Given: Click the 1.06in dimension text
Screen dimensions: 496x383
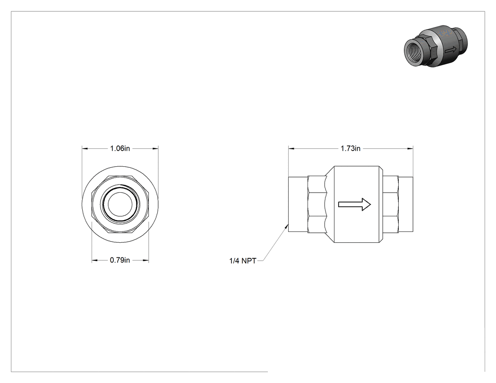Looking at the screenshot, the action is click(x=120, y=148).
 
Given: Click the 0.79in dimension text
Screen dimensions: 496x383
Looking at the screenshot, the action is click(x=120, y=260).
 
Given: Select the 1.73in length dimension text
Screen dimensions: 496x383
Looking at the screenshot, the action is click(x=351, y=148).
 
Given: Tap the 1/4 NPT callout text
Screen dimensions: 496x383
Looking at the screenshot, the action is click(x=243, y=261).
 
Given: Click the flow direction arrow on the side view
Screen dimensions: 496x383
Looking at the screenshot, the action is click(x=355, y=204).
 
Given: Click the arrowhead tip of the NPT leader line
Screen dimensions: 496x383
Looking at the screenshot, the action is click(x=288, y=224).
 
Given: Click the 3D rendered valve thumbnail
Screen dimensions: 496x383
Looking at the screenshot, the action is click(x=436, y=46).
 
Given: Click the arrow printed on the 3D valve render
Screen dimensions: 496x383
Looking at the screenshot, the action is click(x=451, y=50).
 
